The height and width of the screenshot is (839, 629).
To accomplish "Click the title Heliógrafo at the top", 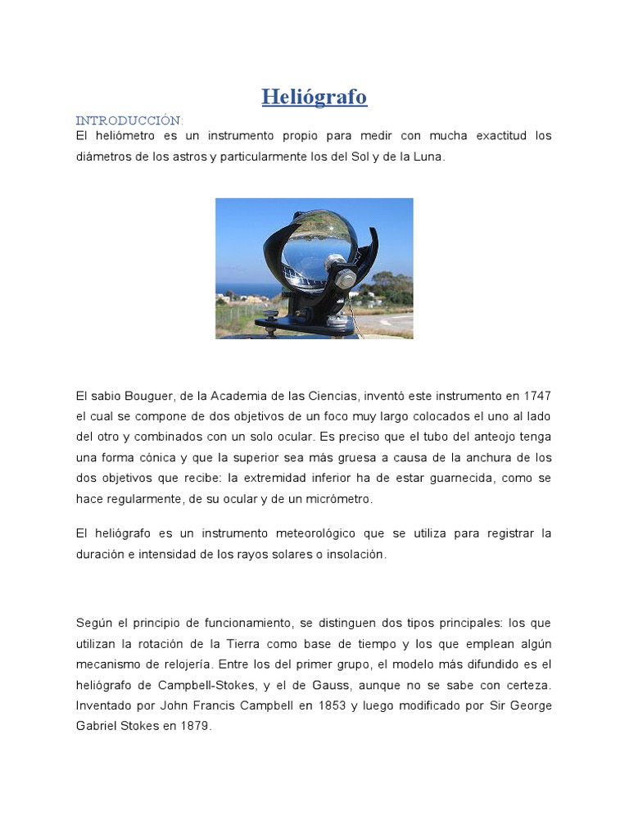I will (x=314, y=97).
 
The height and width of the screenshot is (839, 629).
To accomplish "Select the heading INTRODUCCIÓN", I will (x=129, y=120).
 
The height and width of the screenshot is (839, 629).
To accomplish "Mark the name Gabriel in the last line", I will (x=102, y=726).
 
